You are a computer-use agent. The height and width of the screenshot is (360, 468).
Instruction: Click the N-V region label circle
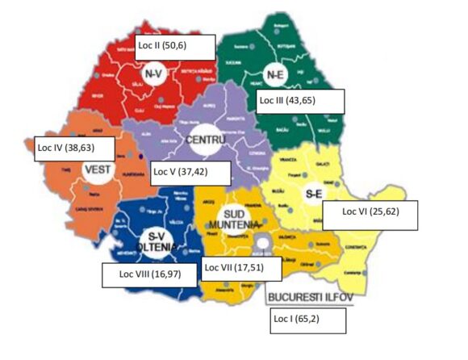pos(154,75)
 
